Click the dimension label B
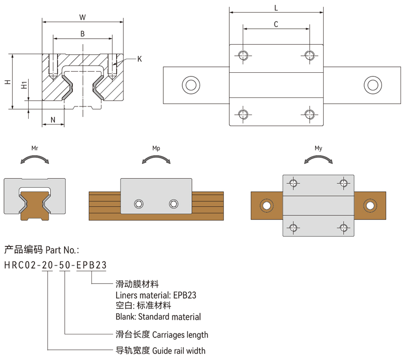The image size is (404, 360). tap(82, 34)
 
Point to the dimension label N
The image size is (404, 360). tap(53, 119)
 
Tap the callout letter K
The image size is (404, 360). tap(139, 59)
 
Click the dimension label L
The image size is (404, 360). tap(276, 8)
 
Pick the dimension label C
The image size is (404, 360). tap(276, 24)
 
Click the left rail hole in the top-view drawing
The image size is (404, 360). tap(190, 85)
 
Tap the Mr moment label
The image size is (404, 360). tap(35, 149)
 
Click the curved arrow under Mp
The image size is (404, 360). tap(156, 160)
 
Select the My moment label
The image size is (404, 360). tap(319, 149)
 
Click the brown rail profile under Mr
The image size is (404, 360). tap(35, 204)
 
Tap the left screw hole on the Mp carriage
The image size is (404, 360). tap(139, 203)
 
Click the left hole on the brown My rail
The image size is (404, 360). tap(265, 205)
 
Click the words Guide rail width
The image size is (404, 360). tap(178, 350)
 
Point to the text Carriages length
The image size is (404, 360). tap(180, 334)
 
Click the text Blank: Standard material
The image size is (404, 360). tap(158, 317)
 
